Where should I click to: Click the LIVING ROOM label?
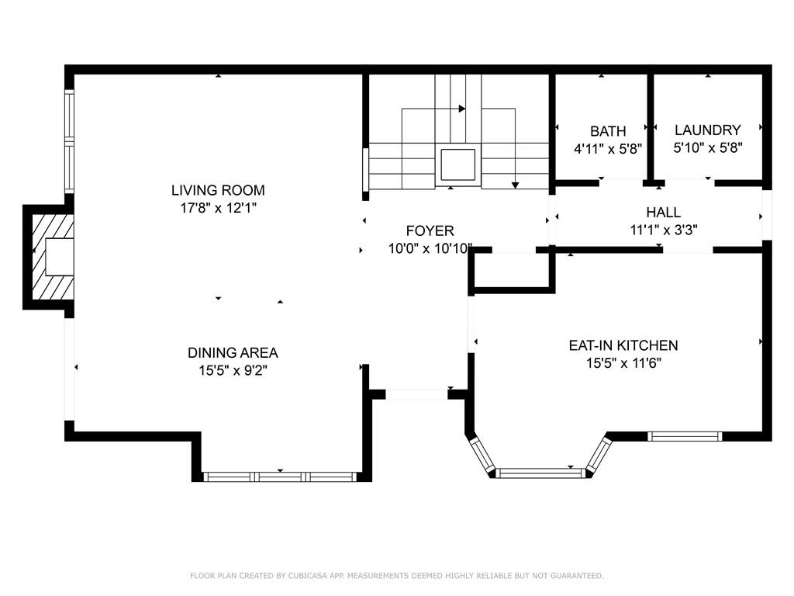click(218, 190)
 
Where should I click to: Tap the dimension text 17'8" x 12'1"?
click(218, 208)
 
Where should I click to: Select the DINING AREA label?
click(233, 353)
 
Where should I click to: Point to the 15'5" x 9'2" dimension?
click(233, 370)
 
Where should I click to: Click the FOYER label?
click(430, 231)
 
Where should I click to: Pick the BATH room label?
click(608, 131)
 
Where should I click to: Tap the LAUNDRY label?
click(708, 130)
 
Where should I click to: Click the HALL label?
click(664, 213)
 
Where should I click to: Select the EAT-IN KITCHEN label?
click(623, 345)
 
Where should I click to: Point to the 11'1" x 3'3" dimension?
click(664, 230)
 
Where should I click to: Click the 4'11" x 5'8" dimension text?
click(608, 149)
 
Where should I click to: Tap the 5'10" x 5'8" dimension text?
click(708, 148)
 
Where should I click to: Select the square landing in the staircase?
click(457, 165)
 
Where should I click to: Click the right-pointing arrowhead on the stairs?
click(462, 109)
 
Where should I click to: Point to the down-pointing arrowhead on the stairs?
click(515, 185)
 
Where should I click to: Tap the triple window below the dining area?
click(280, 476)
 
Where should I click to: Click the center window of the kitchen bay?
click(540, 473)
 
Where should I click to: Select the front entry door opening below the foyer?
click(416, 393)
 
